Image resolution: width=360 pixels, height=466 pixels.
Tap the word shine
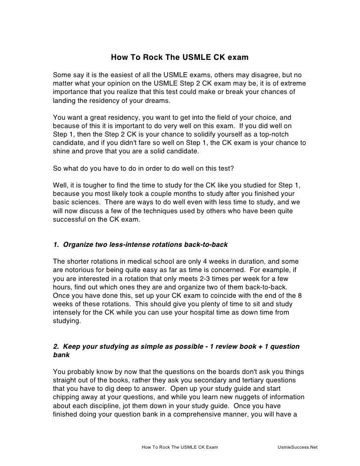pos(61,152)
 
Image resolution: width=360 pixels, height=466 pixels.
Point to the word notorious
pos(80,270)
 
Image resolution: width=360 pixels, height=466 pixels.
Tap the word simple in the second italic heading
pos(155,346)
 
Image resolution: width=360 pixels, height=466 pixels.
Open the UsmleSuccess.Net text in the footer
pos(298,447)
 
